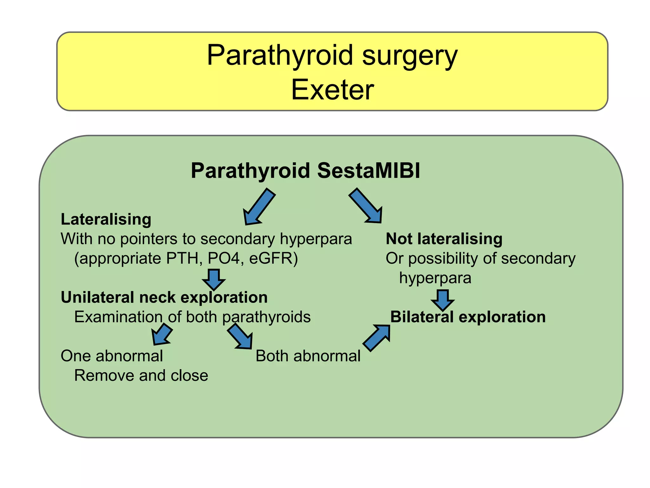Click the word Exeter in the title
point(332,90)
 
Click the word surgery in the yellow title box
point(409,56)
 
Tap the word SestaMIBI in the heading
point(368,171)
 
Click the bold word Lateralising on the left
point(106,219)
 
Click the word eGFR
point(273,258)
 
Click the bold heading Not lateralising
point(444,239)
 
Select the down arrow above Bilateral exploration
point(443,300)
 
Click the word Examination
point(118,317)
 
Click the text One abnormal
point(112,356)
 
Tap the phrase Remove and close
point(141,376)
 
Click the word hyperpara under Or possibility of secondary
point(435,278)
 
